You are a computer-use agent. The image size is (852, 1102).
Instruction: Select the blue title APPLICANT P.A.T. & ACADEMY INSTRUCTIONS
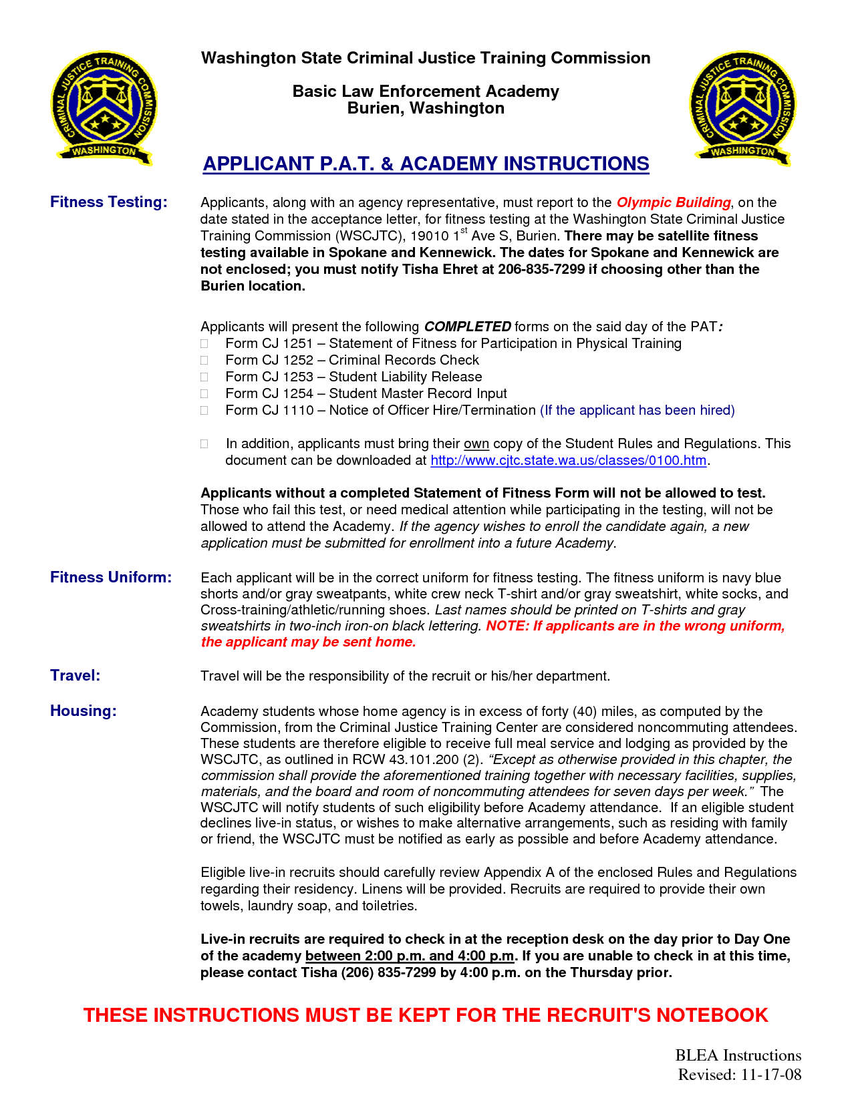(426, 164)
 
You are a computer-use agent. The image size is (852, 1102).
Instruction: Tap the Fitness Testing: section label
(108, 202)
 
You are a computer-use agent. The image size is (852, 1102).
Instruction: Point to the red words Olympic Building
(673, 202)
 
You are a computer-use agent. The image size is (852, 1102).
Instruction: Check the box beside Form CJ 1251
(204, 344)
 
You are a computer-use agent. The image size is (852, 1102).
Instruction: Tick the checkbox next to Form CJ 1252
(204, 361)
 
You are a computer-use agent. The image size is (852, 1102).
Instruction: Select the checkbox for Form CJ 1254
(204, 394)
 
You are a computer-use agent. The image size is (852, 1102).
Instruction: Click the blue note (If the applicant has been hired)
(637, 410)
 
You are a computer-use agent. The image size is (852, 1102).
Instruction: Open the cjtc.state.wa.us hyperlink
(568, 460)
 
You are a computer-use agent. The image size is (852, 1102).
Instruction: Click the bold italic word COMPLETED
(468, 327)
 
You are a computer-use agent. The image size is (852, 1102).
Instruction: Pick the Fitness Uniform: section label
(111, 577)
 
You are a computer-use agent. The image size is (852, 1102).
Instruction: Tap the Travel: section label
(75, 675)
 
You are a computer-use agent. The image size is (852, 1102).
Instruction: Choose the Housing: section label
(83, 711)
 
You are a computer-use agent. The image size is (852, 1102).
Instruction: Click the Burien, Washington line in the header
(426, 108)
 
